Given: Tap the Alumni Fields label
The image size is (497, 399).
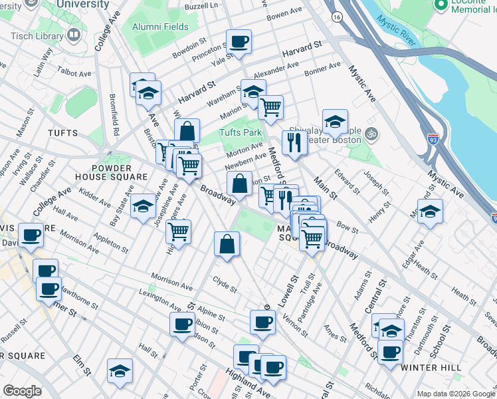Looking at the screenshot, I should pyautogui.click(x=160, y=27).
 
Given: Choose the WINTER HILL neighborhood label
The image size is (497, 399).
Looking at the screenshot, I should pyautogui.click(x=431, y=367).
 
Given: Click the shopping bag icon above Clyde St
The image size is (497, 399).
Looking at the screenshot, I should pyautogui.click(x=227, y=244).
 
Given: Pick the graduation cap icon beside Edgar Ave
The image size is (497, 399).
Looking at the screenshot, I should pyautogui.click(x=430, y=212).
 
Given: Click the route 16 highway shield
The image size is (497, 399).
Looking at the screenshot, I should pyautogui.click(x=338, y=16).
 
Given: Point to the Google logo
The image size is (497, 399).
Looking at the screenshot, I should pyautogui.click(x=22, y=391).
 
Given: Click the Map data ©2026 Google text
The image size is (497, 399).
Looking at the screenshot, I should pyautogui.click(x=456, y=394).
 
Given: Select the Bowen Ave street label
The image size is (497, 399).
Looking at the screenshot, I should pyautogui.click(x=284, y=13).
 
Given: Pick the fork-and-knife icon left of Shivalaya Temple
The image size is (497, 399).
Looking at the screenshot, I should pyautogui.click(x=293, y=142).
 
